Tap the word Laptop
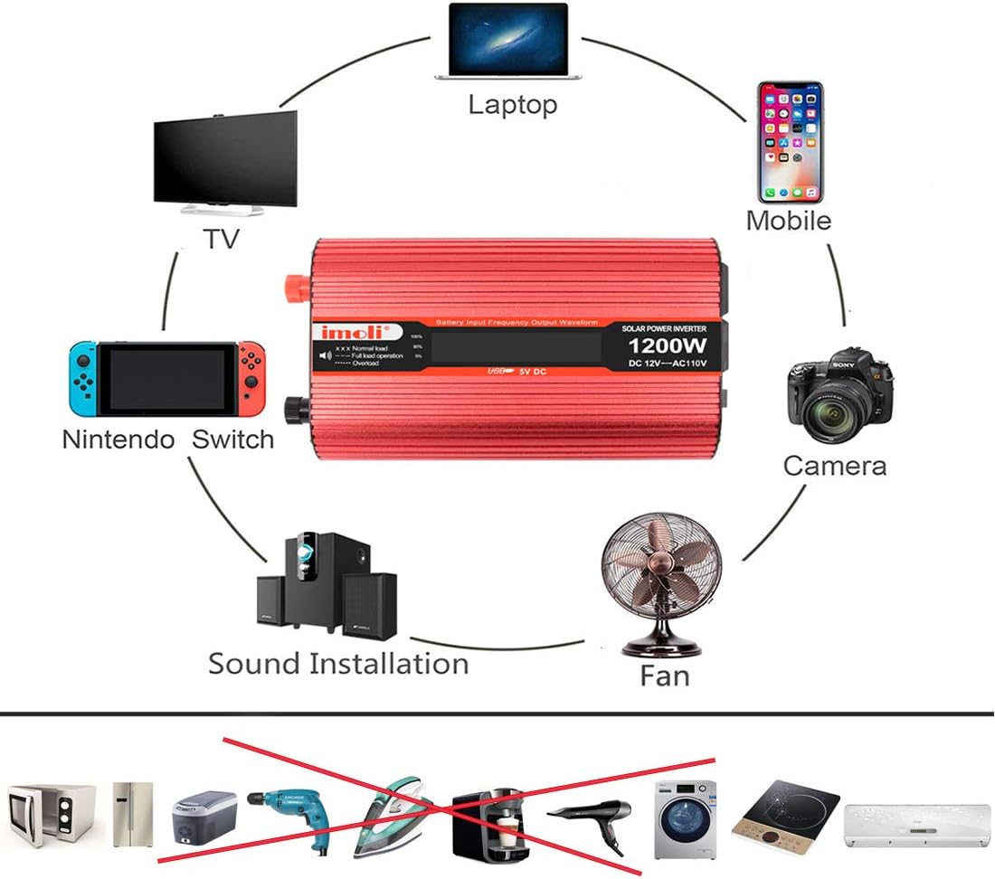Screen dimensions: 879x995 (x=512, y=104)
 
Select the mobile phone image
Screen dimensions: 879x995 (x=791, y=142)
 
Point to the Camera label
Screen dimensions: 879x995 (x=834, y=466)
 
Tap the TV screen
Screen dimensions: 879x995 (x=225, y=158)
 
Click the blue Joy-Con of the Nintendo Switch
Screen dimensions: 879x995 (x=83, y=377)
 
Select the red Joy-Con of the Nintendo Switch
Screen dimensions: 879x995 (x=252, y=377)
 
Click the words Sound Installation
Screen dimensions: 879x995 (x=338, y=664)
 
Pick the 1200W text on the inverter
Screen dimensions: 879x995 (x=668, y=346)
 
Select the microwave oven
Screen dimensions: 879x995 (x=51, y=814)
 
